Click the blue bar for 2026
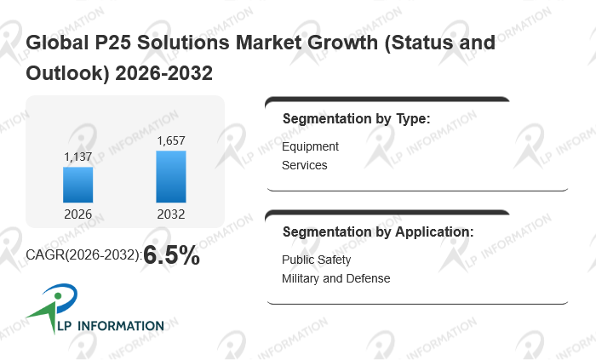[x=78, y=185]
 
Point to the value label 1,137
[x=78, y=157]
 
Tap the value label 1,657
[x=170, y=140]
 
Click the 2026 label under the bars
[x=78, y=214]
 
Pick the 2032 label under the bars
[x=170, y=214]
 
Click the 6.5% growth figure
[x=171, y=255]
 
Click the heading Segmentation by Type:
[x=356, y=118]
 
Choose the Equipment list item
[x=310, y=146]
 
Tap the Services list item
[x=304, y=165]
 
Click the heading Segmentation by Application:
[x=377, y=231]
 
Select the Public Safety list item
[x=316, y=260]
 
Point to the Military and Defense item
[x=335, y=278]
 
